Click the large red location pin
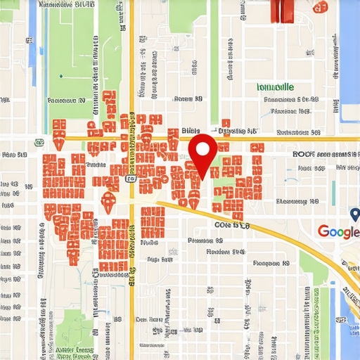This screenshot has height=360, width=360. click(204, 155)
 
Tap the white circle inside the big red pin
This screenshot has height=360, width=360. click(204, 148)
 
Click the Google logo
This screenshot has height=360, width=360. click(338, 231)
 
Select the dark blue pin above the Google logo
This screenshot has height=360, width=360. click(354, 214)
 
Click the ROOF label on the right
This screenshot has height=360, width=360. click(302, 153)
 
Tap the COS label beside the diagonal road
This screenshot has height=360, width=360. click(231, 226)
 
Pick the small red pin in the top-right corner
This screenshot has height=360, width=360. click(320, 6)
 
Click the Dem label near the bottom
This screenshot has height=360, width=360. click(143, 319)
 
